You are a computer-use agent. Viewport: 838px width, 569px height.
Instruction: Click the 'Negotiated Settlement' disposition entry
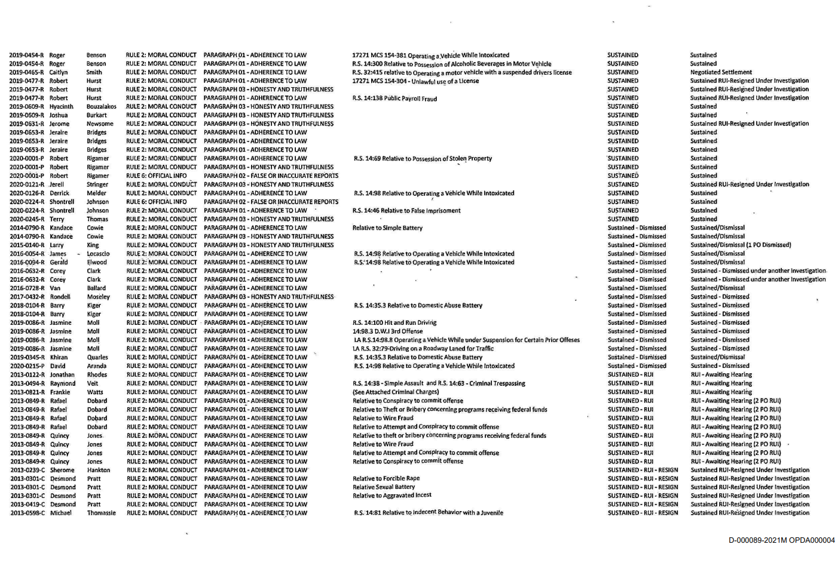[721, 72]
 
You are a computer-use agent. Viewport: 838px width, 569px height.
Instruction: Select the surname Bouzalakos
[102, 107]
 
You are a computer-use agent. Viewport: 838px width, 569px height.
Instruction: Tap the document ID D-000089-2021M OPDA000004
[781, 540]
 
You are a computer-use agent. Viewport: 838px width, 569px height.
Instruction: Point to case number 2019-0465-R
[26, 72]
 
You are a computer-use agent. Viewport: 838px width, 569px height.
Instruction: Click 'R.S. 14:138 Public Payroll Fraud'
[394, 99]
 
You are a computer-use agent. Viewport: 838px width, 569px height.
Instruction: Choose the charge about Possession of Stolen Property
[423, 159]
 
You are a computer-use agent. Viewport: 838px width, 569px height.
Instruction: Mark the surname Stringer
[97, 184]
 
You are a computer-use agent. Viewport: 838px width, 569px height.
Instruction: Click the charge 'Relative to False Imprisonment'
[406, 211]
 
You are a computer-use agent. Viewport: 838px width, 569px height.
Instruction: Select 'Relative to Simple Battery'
[387, 228]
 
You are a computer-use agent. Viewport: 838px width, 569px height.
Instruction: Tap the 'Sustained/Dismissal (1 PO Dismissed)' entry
[741, 245]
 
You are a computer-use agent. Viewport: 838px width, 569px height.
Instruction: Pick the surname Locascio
[99, 254]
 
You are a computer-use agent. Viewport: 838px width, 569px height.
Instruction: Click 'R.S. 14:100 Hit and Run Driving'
[394, 323]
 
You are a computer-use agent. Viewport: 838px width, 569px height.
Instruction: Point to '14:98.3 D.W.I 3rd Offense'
[387, 331]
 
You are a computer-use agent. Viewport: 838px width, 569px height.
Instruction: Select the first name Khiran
[59, 358]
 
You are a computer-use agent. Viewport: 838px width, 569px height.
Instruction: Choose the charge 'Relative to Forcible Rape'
[386, 479]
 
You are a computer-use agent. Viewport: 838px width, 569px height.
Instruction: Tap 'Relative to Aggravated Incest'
[392, 496]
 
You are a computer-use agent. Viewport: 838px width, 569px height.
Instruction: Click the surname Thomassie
[102, 513]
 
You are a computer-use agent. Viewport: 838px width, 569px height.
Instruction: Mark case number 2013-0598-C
[27, 513]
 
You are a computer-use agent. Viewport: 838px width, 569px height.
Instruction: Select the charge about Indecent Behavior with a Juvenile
[428, 513]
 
